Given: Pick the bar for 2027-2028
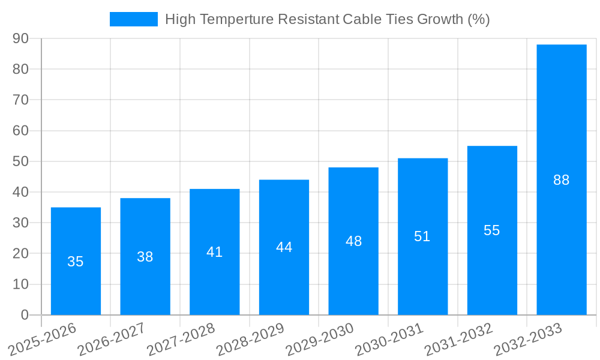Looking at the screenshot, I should pyautogui.click(x=215, y=282).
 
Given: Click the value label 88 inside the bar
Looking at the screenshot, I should pyautogui.click(x=562, y=180).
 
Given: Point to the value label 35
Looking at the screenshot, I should pyautogui.click(x=76, y=262).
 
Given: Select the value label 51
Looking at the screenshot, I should pyautogui.click(x=422, y=236).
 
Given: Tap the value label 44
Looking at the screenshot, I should pyautogui.click(x=284, y=247).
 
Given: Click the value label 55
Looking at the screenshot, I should pyautogui.click(x=492, y=230).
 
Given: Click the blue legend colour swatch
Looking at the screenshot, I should pyautogui.click(x=133, y=19).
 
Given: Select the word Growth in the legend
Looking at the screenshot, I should pyautogui.click(x=439, y=19).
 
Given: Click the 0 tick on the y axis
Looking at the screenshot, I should pyautogui.click(x=25, y=315).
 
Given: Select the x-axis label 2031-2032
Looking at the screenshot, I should pyautogui.click(x=460, y=340).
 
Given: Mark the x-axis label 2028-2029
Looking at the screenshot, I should pyautogui.click(x=251, y=340).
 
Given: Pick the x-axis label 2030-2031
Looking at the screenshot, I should pyautogui.click(x=390, y=340).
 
